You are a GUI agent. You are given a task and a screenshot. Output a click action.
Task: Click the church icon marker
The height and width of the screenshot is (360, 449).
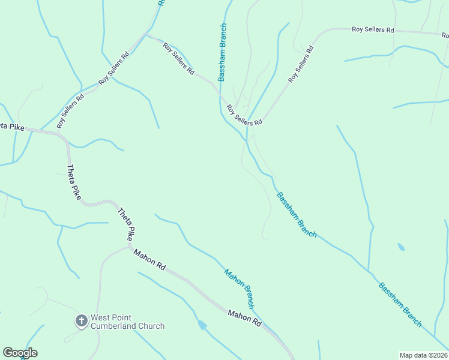coord(81,321)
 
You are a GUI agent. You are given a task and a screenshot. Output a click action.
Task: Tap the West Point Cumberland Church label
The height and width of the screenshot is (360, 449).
coord(127,322)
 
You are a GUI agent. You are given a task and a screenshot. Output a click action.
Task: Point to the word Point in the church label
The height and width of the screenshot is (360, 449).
coord(121,317)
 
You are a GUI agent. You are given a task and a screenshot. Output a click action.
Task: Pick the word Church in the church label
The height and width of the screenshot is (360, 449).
coord(152,326)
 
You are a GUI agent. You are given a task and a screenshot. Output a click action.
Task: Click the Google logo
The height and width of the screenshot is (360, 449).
coord(20,353)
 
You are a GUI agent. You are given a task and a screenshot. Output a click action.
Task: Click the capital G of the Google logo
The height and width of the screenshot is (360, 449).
coord(8,353)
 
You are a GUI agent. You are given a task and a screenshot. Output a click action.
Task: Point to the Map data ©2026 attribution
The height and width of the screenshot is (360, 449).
coord(424,355)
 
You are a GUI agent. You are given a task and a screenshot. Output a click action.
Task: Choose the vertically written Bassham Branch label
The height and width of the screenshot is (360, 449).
coord(222,52)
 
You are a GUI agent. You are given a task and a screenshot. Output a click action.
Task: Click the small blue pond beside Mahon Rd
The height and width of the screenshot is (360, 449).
coord(202,325)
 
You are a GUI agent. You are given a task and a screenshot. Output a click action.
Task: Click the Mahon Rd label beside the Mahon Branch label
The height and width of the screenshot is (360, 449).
coord(245,318)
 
